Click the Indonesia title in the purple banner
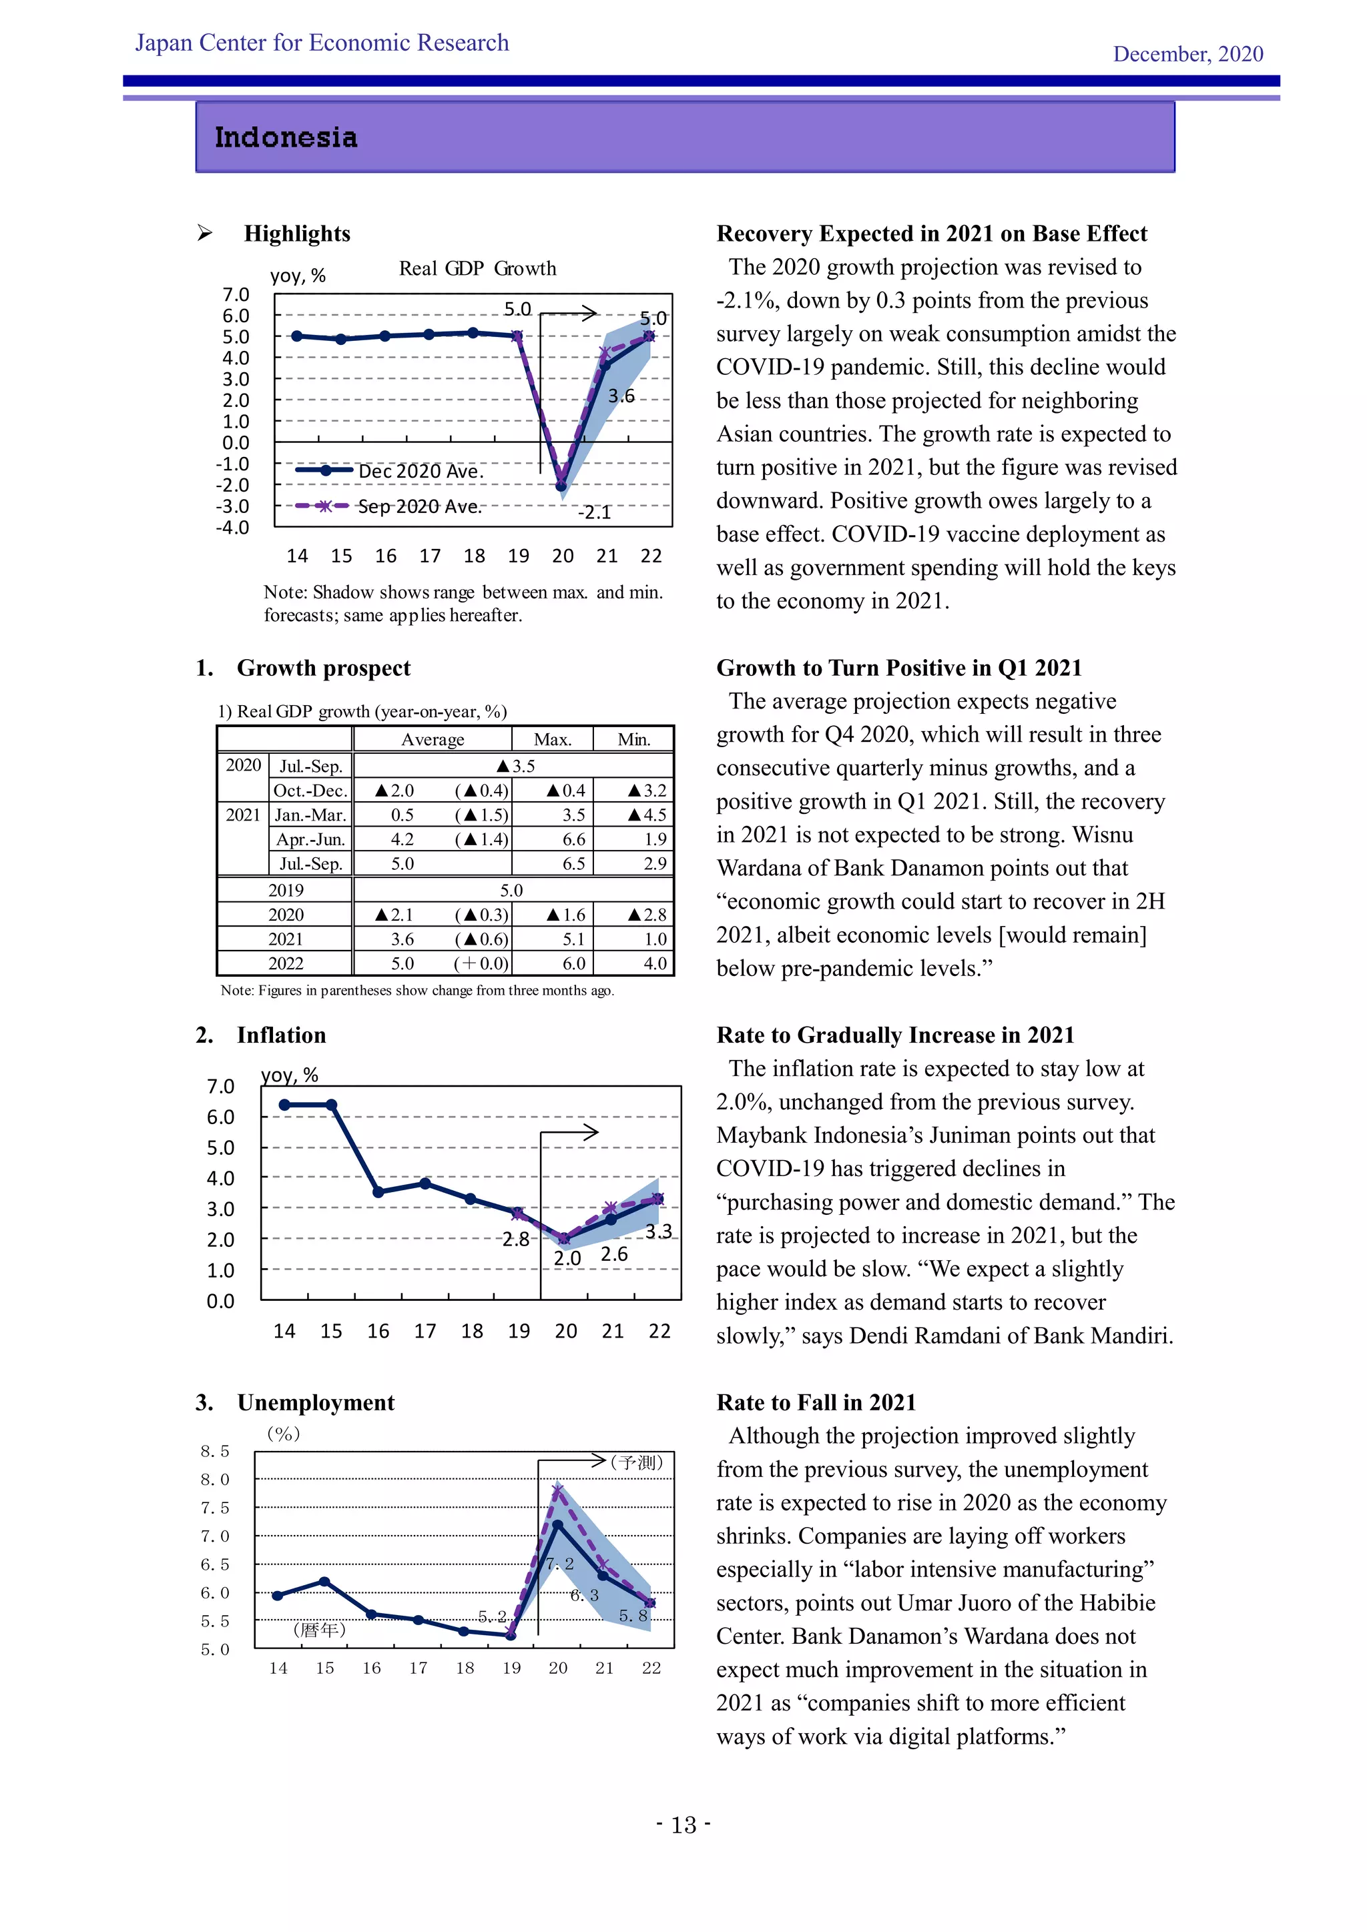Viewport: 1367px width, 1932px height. pyautogui.click(x=286, y=138)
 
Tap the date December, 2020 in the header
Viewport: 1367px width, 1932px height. pyautogui.click(x=1187, y=54)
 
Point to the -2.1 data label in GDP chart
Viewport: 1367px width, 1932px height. pyautogui.click(x=594, y=512)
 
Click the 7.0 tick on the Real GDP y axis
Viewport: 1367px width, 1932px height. pyautogui.click(x=236, y=294)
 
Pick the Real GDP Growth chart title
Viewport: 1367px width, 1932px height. pyautogui.click(x=477, y=268)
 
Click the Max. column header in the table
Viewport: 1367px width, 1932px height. pyautogui.click(x=552, y=740)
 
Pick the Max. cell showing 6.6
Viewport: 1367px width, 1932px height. pyautogui.click(x=573, y=839)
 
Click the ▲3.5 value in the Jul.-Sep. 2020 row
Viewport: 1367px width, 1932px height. pyautogui.click(x=515, y=766)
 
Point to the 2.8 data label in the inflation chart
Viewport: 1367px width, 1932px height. pyautogui.click(x=515, y=1239)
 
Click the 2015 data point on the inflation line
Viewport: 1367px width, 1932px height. pyautogui.click(x=332, y=1105)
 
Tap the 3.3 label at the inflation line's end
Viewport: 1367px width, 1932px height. pyautogui.click(x=658, y=1231)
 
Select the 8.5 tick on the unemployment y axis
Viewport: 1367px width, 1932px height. pyautogui.click(x=215, y=1451)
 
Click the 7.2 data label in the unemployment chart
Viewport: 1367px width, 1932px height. pyautogui.click(x=560, y=1564)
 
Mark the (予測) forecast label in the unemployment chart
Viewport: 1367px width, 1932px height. pyautogui.click(x=637, y=1462)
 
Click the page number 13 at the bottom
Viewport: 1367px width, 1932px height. pyautogui.click(x=683, y=1825)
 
